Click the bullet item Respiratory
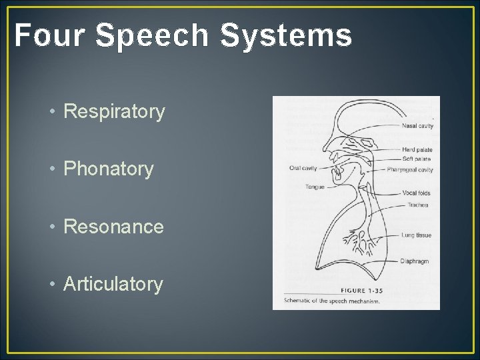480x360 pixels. tap(114, 112)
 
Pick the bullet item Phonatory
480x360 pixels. tap(108, 169)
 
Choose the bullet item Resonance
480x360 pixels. tap(113, 227)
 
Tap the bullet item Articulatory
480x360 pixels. tap(113, 284)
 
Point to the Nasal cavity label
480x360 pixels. tap(417, 126)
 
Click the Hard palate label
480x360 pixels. tap(417, 150)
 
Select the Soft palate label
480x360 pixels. tap(417, 159)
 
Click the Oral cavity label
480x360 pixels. tap(303, 168)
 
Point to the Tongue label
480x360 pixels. tap(315, 187)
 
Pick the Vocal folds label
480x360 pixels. tap(417, 193)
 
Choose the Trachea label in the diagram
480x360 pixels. tap(418, 205)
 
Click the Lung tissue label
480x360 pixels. tap(417, 235)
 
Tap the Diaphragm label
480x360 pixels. tap(415, 261)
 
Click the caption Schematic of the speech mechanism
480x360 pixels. tap(331, 301)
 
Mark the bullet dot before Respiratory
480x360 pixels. tap(52, 113)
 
